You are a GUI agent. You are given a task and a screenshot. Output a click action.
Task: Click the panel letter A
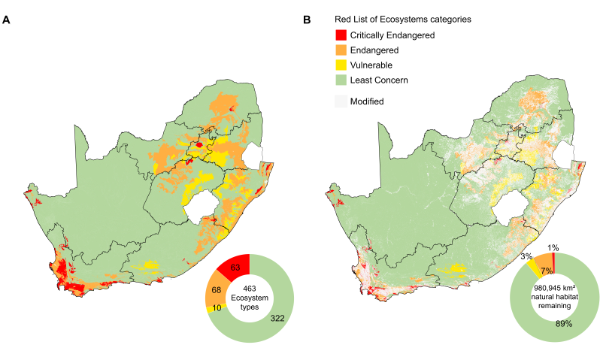pos(6,20)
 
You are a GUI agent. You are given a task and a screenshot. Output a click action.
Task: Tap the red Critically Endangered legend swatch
pos(341,35)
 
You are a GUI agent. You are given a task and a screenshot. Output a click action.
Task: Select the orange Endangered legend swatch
pos(341,50)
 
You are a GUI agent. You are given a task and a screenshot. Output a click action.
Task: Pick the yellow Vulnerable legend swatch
pos(341,65)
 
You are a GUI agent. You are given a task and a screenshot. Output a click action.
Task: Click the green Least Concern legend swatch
pos(341,80)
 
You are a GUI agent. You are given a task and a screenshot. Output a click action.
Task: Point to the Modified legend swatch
pos(341,101)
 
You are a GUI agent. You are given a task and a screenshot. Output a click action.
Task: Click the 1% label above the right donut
pos(553,247)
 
